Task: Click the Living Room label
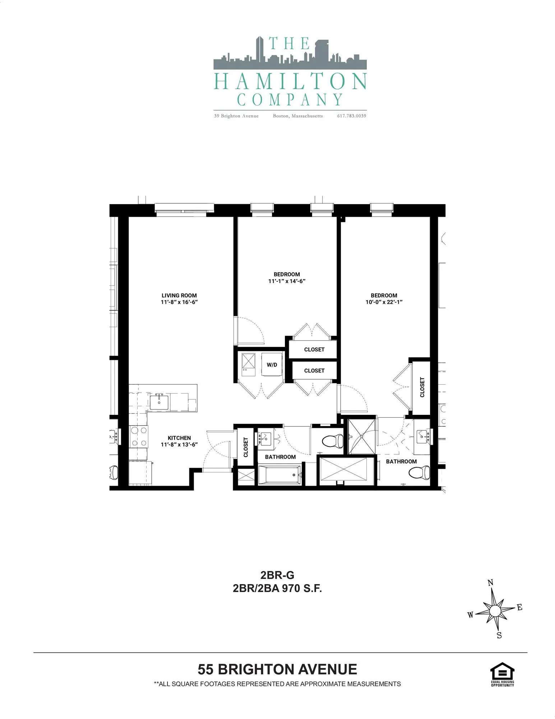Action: coord(179,296)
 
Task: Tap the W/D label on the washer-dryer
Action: coord(272,365)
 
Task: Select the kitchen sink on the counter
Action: coord(159,402)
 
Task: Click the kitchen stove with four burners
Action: coord(138,436)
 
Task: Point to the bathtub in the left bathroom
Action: coord(280,475)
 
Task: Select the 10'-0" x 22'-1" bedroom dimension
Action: coord(384,302)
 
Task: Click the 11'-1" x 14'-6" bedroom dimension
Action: coord(287,281)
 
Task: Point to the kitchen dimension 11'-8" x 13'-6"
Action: coord(179,445)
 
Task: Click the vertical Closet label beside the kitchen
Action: coord(246,447)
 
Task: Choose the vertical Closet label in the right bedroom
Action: coord(422,387)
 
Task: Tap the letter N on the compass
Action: coord(490,583)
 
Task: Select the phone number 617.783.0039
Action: coord(351,116)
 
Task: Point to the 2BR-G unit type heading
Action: coord(277,575)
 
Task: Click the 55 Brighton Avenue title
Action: coord(277,669)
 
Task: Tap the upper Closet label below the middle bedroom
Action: coord(314,349)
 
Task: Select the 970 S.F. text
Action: coord(302,589)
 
